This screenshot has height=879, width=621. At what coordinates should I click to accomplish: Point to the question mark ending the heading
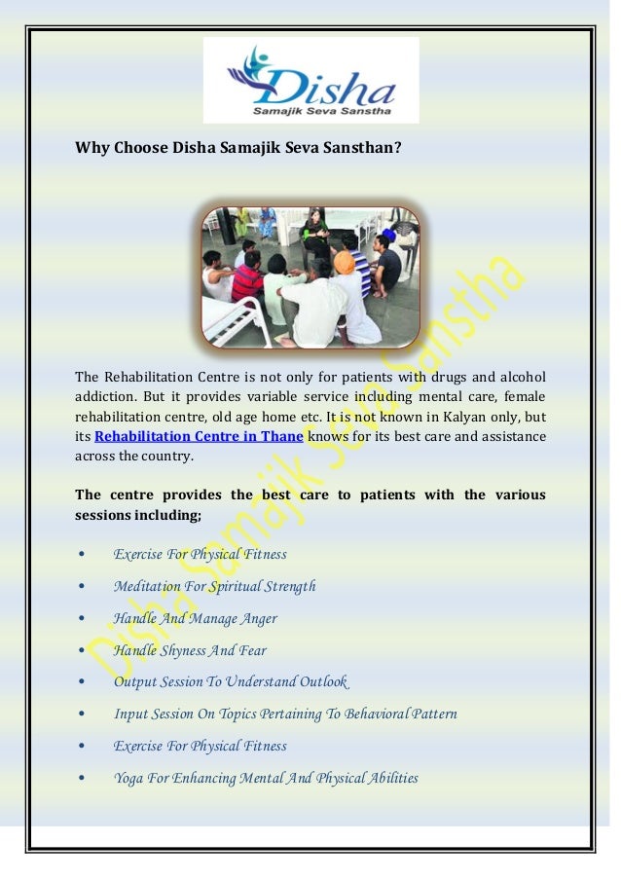click(399, 149)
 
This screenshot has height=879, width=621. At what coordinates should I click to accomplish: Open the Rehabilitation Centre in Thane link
click(198, 436)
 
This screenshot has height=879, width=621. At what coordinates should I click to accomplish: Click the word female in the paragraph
click(523, 397)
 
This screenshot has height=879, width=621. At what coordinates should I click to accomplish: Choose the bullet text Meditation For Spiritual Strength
click(214, 587)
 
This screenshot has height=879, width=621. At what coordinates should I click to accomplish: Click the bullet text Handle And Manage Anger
click(195, 619)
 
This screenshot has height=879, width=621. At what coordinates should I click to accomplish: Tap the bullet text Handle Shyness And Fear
click(189, 650)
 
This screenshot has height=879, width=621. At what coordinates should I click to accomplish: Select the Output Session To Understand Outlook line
click(230, 682)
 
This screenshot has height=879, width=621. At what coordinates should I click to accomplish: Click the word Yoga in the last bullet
click(128, 778)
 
